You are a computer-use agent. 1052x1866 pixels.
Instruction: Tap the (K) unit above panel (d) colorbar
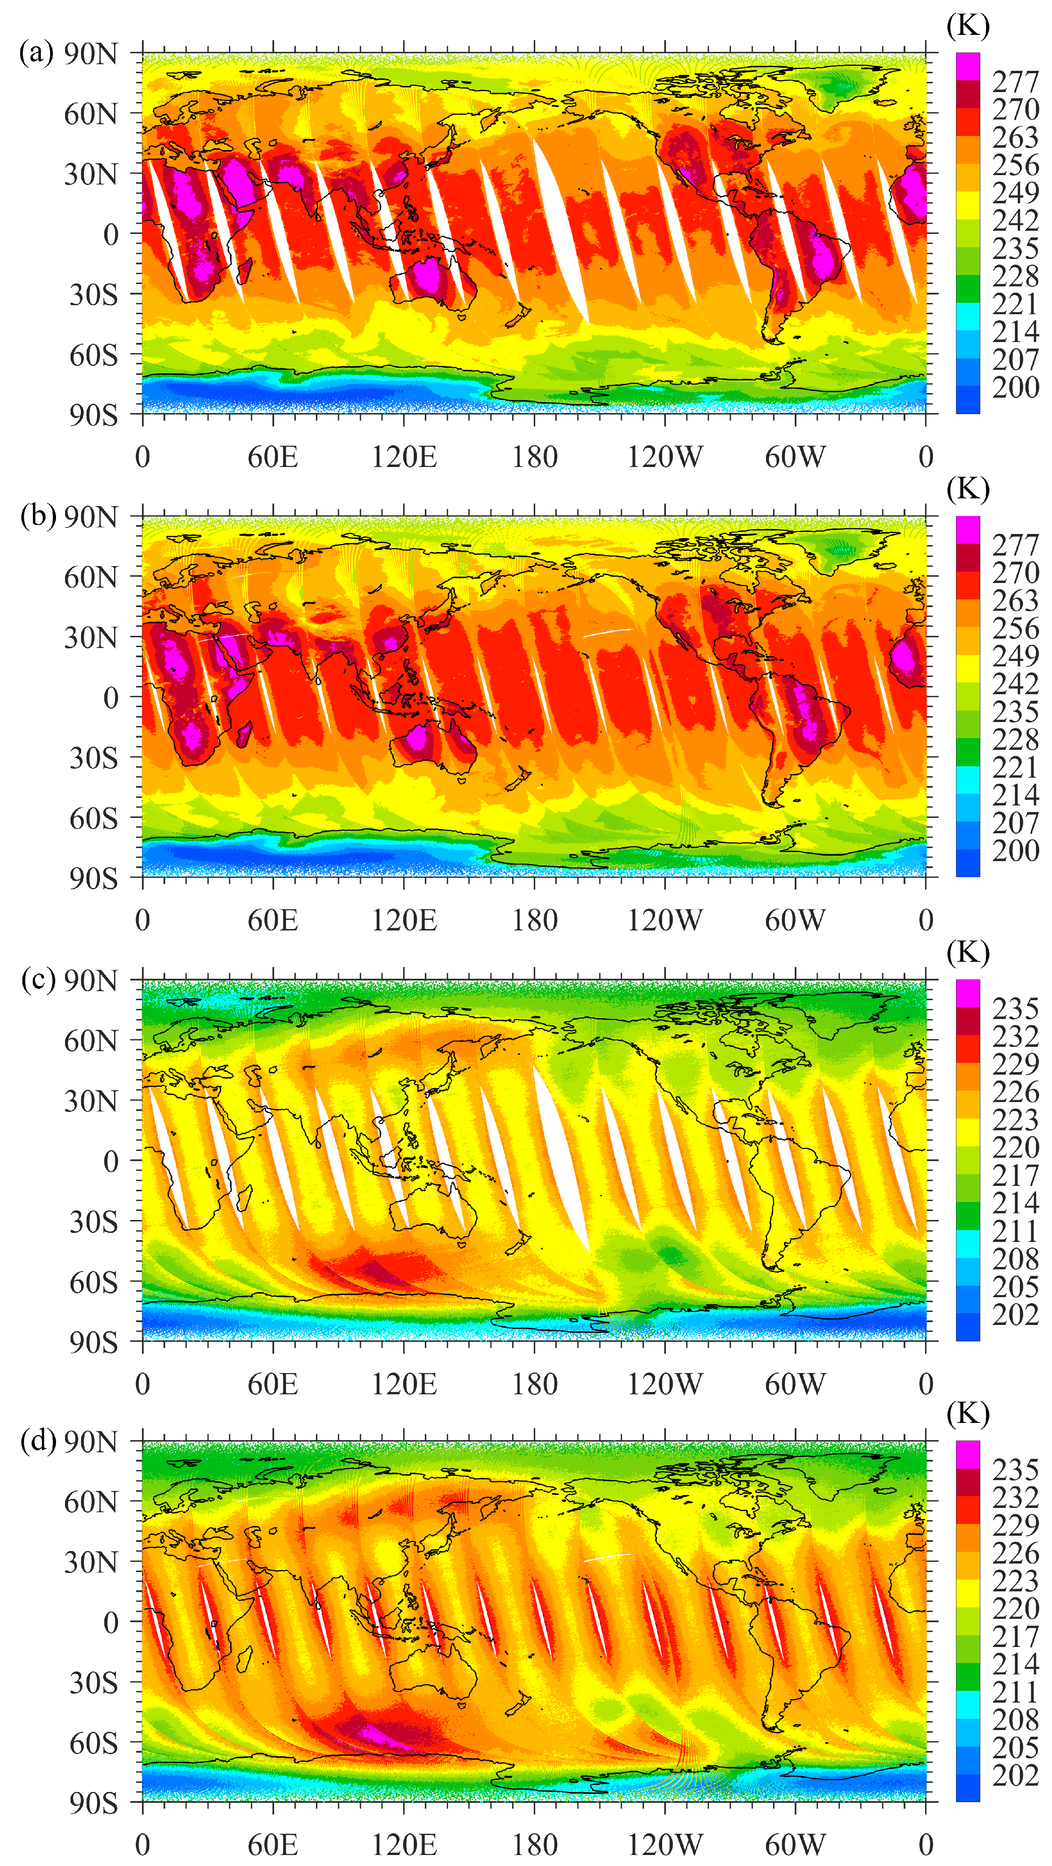[x=968, y=1413]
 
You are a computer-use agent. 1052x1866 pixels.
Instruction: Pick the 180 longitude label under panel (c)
[x=535, y=1384]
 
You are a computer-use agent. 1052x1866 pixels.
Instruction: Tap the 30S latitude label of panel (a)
[x=93, y=295]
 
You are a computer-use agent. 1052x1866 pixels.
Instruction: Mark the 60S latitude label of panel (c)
[x=93, y=1283]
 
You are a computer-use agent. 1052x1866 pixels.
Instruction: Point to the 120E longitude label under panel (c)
[x=404, y=1384]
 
